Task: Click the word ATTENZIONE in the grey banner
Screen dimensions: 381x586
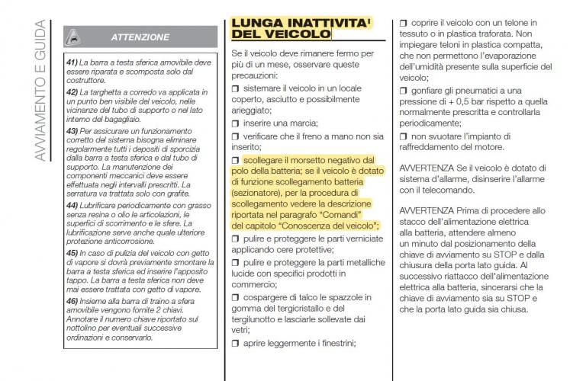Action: coord(140,37)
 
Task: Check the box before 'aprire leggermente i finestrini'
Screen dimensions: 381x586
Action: coord(235,344)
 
